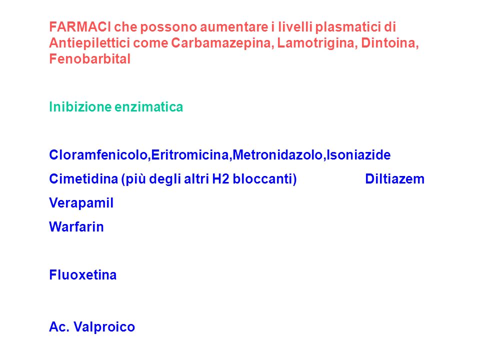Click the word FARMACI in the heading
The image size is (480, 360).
[80, 27]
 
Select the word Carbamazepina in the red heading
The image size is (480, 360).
[222, 43]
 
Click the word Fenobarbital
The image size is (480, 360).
[90, 59]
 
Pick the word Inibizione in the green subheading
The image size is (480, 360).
[80, 107]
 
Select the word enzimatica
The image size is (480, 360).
[149, 107]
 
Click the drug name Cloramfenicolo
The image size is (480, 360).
[99, 155]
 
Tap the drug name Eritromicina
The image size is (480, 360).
[190, 155]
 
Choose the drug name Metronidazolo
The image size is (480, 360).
[277, 155]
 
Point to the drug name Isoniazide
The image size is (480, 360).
[358, 155]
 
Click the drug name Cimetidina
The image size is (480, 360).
[83, 179]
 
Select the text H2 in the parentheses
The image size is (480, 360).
[220, 179]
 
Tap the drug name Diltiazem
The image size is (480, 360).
[395, 179]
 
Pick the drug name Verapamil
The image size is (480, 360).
[81, 203]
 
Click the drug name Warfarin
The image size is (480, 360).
[76, 227]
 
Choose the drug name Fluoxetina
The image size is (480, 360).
[83, 275]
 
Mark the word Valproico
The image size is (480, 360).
[104, 327]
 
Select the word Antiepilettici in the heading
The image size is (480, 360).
[89, 43]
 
